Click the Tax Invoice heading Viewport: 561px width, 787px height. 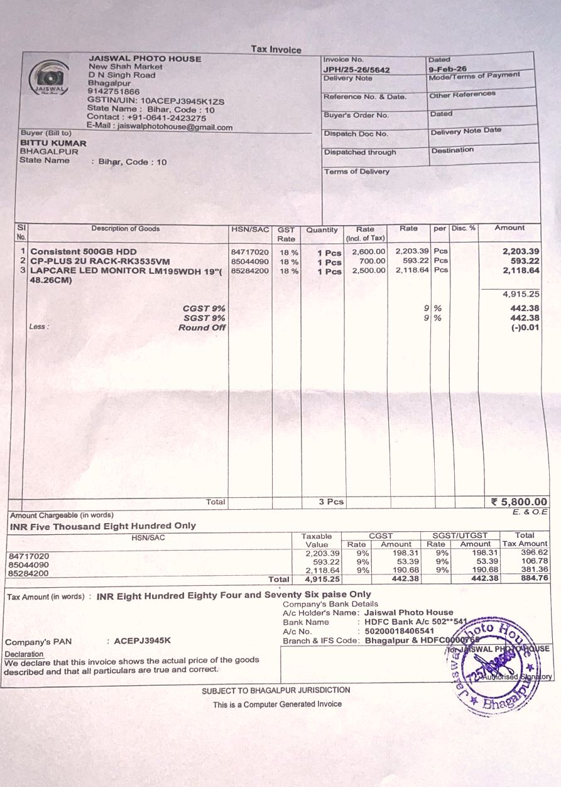click(x=276, y=50)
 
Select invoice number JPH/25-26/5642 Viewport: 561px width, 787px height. click(x=356, y=70)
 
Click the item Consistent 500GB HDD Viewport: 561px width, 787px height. click(x=84, y=251)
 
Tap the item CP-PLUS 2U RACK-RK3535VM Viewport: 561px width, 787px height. click(x=100, y=261)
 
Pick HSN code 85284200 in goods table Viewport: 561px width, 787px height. click(x=250, y=271)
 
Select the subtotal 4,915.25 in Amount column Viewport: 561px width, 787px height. click(x=521, y=294)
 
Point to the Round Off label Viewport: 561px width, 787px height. click(x=202, y=327)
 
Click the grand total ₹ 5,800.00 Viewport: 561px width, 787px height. click(x=519, y=502)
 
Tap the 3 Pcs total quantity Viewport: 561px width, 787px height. click(x=331, y=502)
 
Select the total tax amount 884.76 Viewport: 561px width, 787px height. click(x=535, y=578)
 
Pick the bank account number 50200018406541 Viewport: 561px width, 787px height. click(x=399, y=631)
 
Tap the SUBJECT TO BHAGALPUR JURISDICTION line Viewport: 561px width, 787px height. click(x=276, y=690)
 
